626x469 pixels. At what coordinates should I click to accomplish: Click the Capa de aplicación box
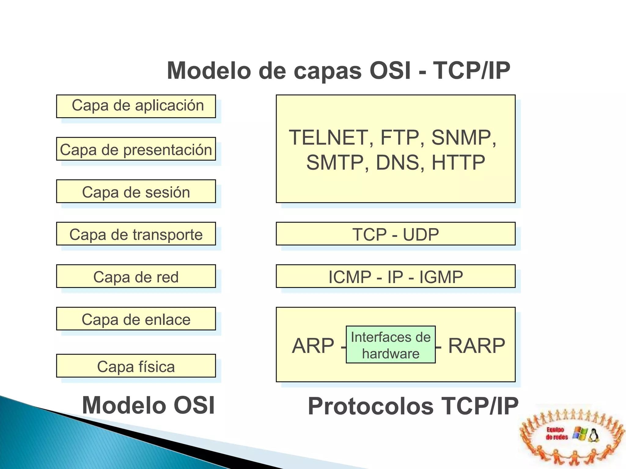coord(136,106)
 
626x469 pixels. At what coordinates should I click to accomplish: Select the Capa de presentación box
coord(136,149)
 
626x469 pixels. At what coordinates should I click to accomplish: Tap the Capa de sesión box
coord(136,191)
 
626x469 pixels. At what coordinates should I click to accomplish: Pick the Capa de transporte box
coord(136,234)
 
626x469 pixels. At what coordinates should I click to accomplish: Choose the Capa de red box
coord(136,276)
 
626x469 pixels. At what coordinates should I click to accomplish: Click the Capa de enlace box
coord(136,319)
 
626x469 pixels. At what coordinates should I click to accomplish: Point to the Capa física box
coord(136,366)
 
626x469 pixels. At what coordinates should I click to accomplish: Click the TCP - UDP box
coord(396,234)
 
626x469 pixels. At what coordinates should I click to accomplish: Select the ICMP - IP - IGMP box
coord(396,276)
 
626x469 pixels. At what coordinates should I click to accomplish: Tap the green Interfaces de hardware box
coord(391,345)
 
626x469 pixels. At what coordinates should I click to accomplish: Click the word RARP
coord(477,346)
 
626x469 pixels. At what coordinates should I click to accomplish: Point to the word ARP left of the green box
coord(313,346)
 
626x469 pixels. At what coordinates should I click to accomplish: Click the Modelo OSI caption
coord(149,405)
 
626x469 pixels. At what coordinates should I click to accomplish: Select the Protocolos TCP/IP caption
coord(413,406)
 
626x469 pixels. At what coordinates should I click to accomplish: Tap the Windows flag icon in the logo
coord(580,434)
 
